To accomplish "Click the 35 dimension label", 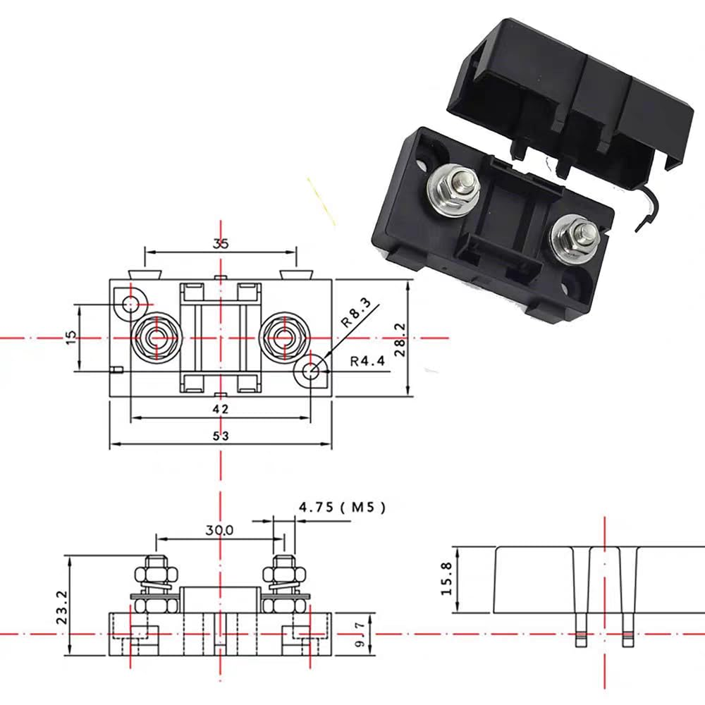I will point(221,244).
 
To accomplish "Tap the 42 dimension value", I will point(221,408).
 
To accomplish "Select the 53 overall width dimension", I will point(221,436).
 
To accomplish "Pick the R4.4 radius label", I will point(367,362).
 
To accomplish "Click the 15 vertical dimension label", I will point(68,338).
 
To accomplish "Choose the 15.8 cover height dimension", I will point(446,579).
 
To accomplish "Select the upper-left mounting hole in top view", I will point(131,304).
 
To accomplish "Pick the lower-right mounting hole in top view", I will point(310,371).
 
